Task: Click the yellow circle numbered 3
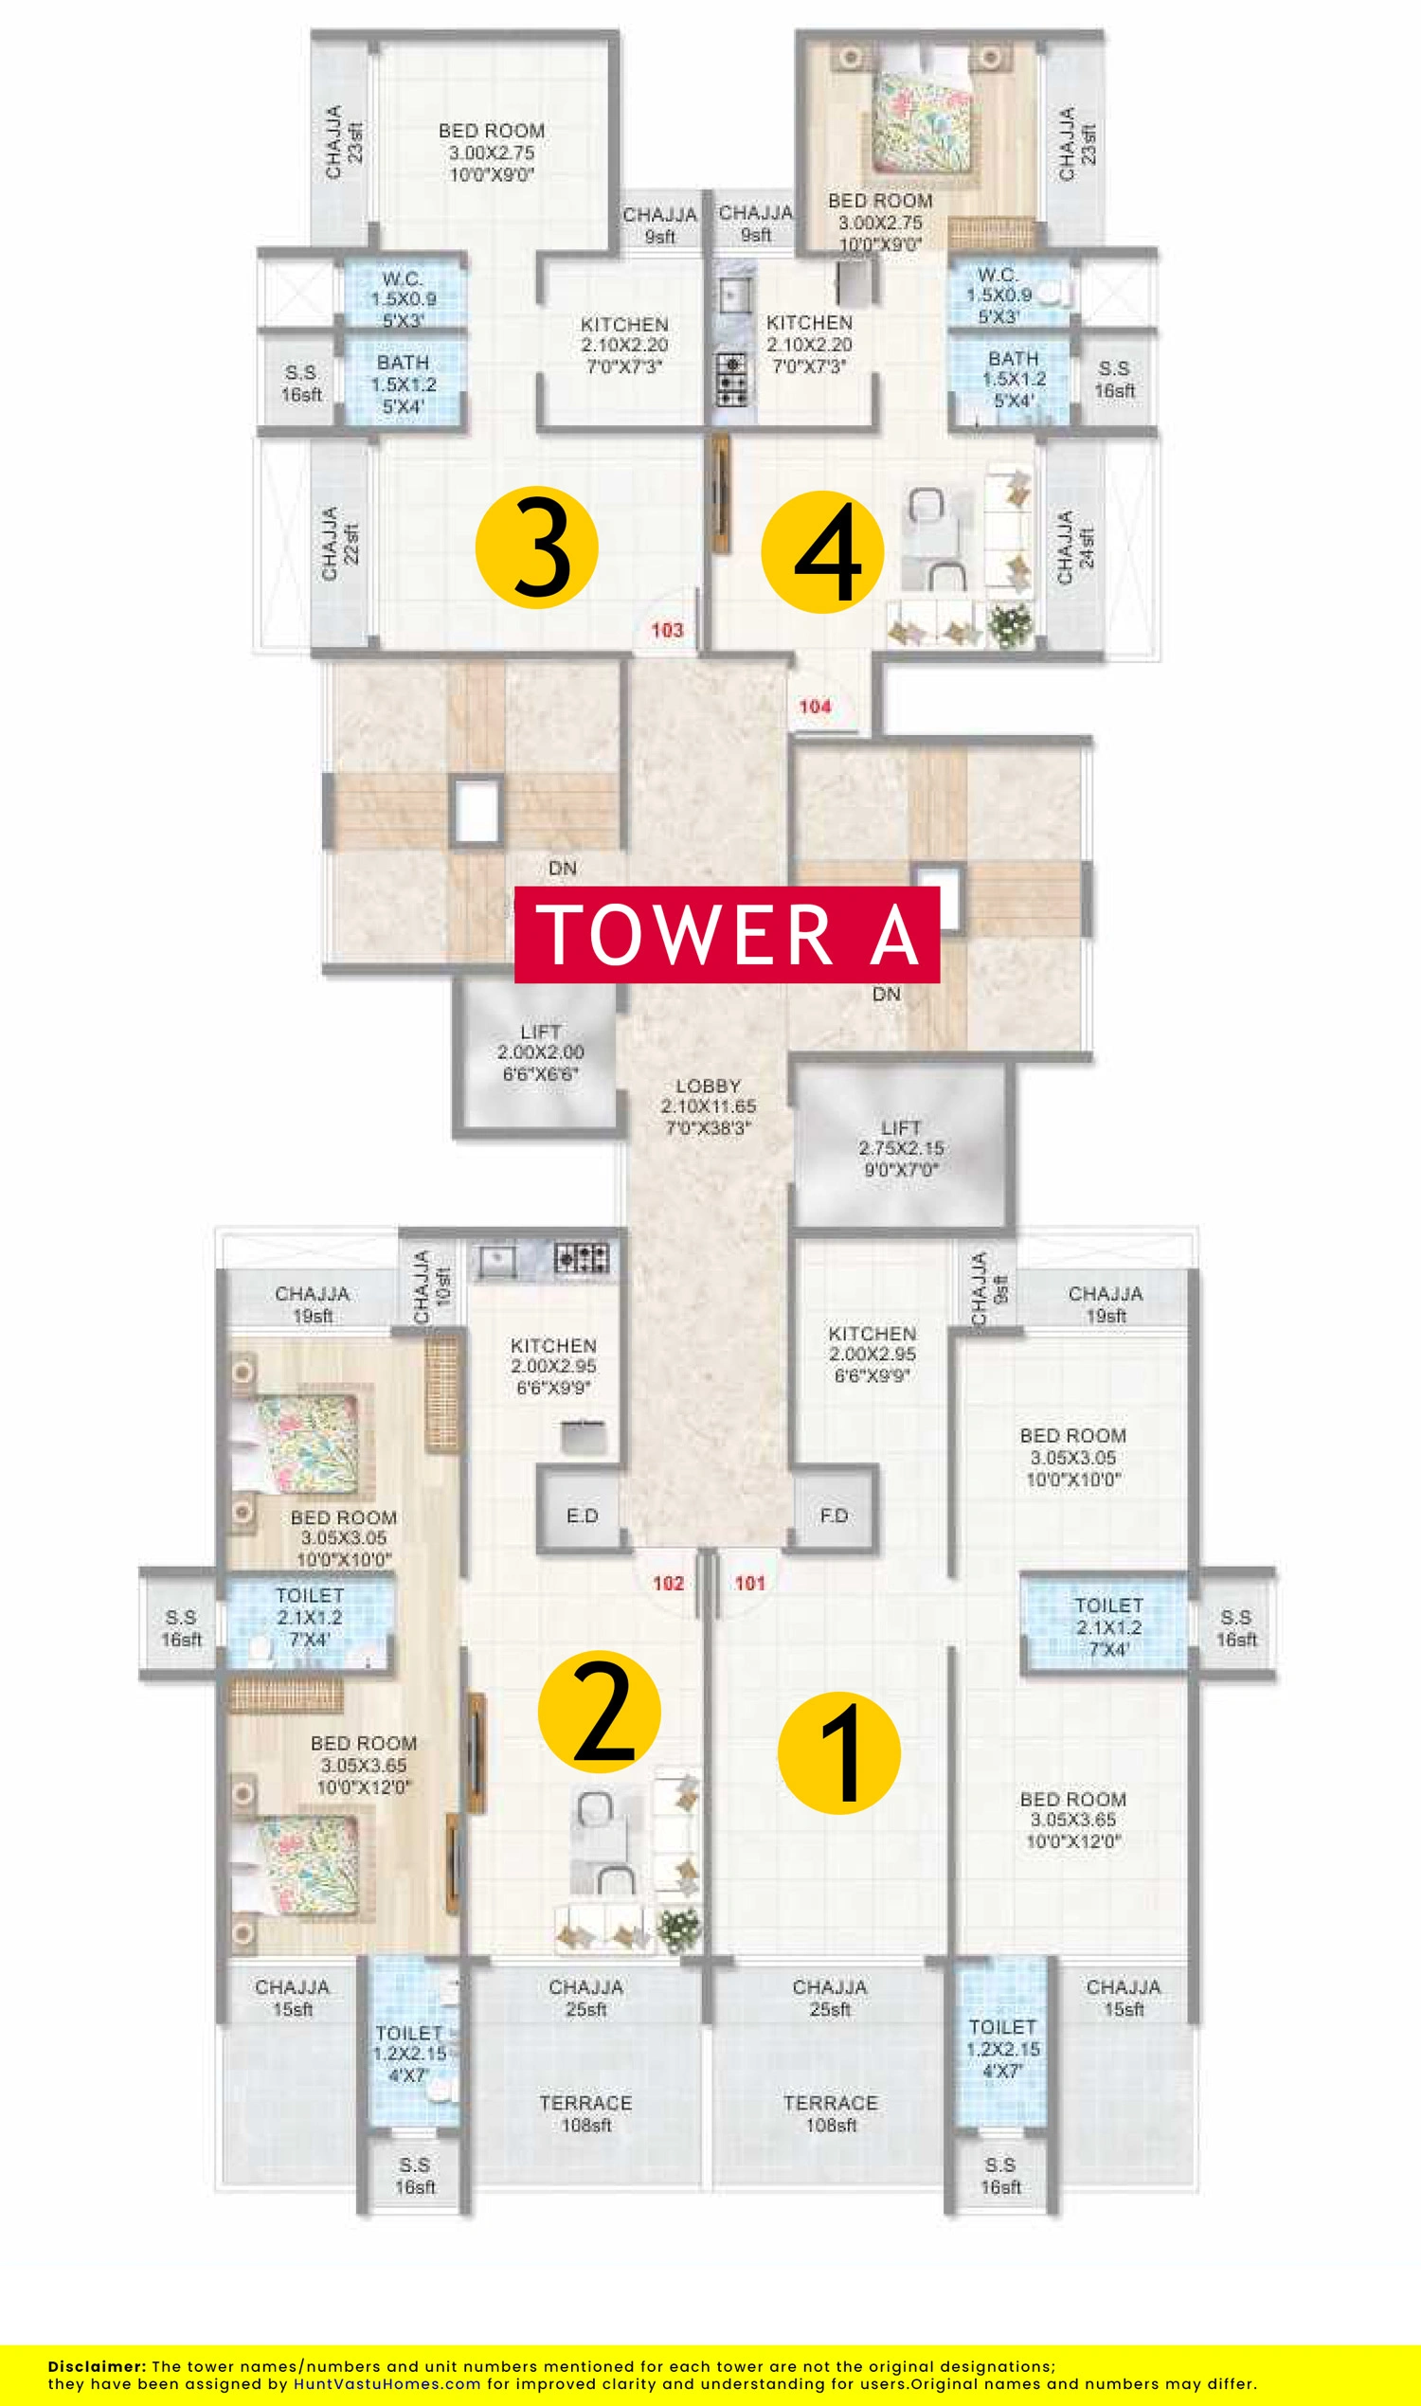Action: [x=537, y=547]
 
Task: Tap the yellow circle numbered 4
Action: [x=822, y=551]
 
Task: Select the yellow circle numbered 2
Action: [x=600, y=1712]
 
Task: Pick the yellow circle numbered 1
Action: [x=838, y=1753]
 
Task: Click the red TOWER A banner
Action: [x=727, y=934]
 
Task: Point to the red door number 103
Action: [x=668, y=630]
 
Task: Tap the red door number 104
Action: [x=815, y=707]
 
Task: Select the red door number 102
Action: [x=669, y=1583]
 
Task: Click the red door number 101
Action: [x=749, y=1583]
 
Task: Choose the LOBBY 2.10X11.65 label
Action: [x=709, y=1106]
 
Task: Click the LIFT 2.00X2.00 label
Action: [x=540, y=1052]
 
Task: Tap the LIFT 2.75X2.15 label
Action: [x=901, y=1148]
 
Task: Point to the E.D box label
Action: [x=583, y=1516]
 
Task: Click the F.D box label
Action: [x=834, y=1515]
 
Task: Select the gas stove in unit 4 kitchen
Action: [x=731, y=379]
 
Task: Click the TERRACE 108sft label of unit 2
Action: [x=586, y=2114]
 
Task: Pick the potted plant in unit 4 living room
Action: [x=1011, y=625]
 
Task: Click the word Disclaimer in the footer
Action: [x=97, y=2366]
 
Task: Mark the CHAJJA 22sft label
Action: [x=340, y=543]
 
